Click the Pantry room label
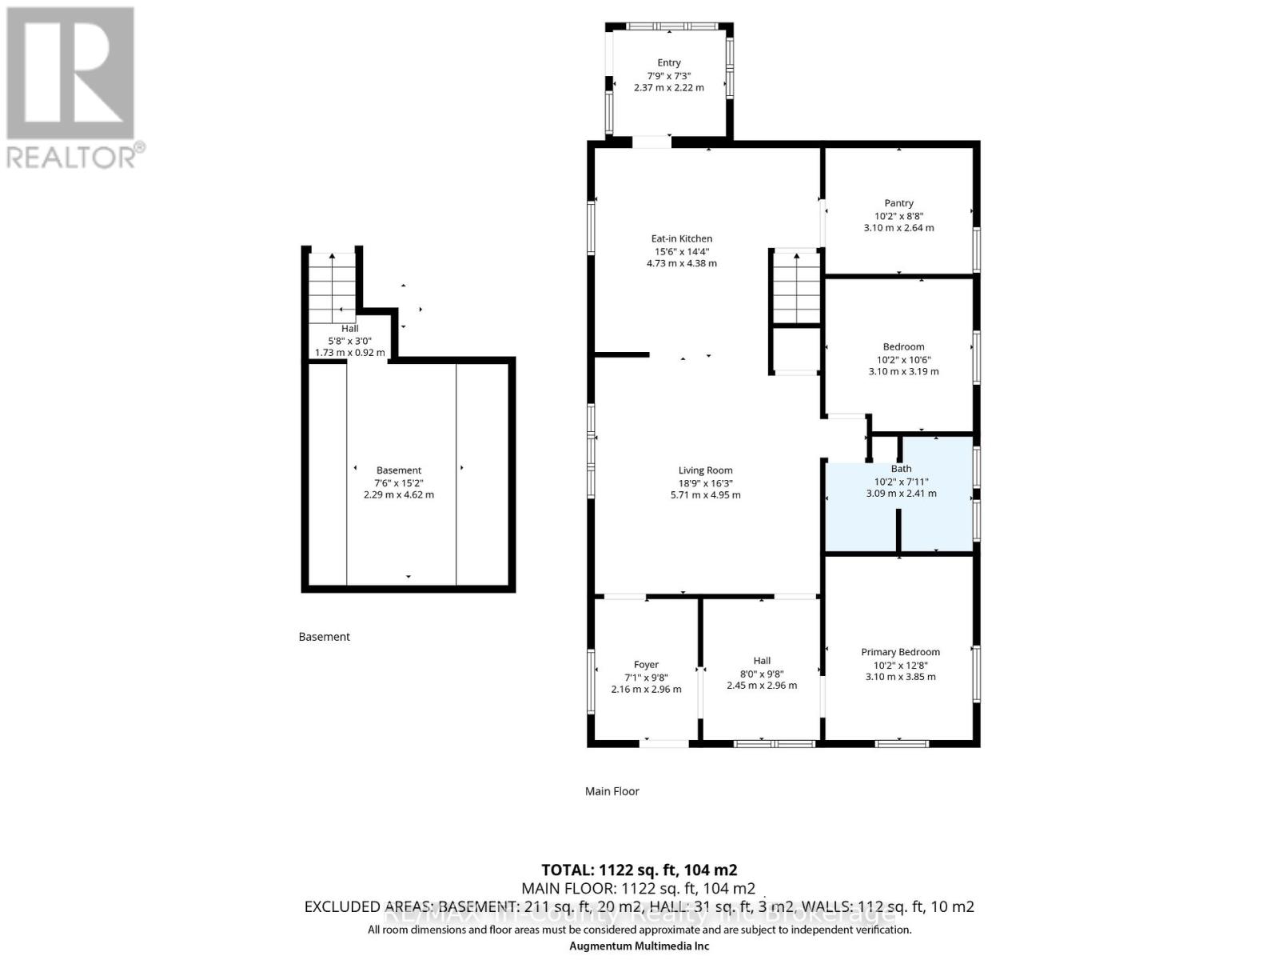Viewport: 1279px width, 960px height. pos(898,203)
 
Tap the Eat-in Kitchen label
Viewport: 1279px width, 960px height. pos(681,238)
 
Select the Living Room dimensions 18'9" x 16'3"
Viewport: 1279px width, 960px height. pos(705,483)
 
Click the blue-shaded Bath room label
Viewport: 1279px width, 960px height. pos(901,469)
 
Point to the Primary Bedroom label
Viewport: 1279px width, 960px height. pos(900,652)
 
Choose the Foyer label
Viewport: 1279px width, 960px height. pos(646,665)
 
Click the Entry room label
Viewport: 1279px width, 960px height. pos(669,62)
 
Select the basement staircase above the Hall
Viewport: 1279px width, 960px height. pos(333,286)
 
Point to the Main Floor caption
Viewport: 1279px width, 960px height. pos(612,791)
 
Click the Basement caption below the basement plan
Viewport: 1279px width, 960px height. pos(324,637)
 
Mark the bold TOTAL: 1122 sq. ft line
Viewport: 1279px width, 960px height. pos(639,870)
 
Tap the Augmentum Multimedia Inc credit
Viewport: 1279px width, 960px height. pos(639,946)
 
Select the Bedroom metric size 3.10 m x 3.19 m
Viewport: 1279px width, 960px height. pos(903,371)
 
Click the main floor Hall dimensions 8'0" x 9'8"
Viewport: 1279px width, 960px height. pos(762,674)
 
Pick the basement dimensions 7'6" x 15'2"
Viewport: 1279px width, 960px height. pos(398,483)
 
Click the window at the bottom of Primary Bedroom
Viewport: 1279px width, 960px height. pos(902,744)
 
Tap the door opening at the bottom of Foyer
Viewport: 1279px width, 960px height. pos(663,744)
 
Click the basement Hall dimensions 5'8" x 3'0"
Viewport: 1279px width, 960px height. pos(349,341)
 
